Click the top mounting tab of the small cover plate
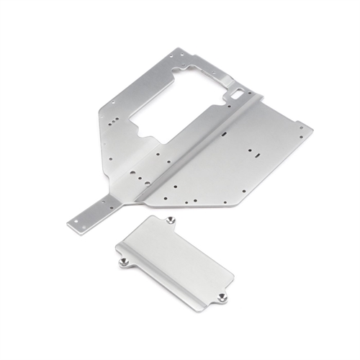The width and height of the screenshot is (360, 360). coord(171,220)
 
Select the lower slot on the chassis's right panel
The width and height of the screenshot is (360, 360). coord(254,152)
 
